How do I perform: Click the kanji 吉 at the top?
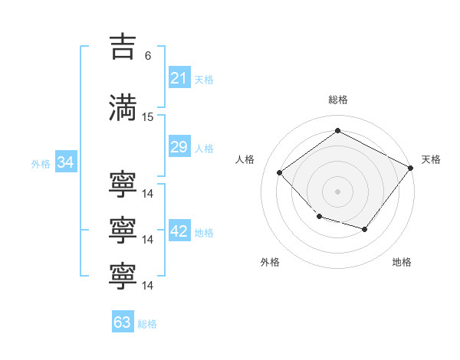[123, 47]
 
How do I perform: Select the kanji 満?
[123, 108]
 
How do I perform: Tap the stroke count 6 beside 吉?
[148, 56]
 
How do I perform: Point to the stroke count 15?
[147, 117]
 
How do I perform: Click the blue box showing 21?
[179, 77]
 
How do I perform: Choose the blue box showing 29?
[179, 146]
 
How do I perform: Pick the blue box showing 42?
[179, 230]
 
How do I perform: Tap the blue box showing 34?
[66, 162]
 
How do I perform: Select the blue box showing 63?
[123, 321]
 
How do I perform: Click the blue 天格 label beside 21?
[204, 80]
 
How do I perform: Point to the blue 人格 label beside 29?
[204, 149]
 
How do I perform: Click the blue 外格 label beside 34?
[41, 164]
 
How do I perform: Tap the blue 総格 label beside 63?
[147, 324]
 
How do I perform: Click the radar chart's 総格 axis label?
[338, 100]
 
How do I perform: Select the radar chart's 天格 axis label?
[431, 159]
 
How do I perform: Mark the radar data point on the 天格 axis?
[411, 168]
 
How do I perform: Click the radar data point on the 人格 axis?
[280, 172]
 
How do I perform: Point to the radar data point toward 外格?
[320, 217]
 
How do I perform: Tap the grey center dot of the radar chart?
[337, 191]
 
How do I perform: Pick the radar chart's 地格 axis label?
[402, 262]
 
